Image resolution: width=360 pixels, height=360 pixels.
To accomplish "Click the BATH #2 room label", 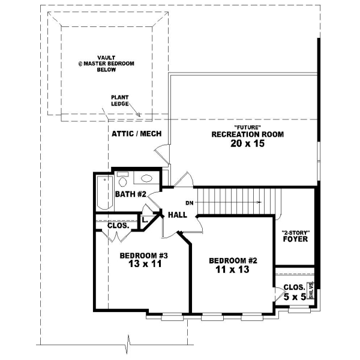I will pyautogui.click(x=130, y=194).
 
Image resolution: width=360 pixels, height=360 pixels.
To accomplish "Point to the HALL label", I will pyautogui.click(x=178, y=215).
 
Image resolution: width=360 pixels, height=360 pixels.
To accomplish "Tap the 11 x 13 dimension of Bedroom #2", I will pyautogui.click(x=232, y=270).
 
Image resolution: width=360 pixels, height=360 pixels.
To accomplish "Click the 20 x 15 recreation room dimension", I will pyautogui.click(x=247, y=144).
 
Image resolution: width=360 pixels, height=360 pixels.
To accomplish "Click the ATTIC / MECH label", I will pyautogui.click(x=136, y=134).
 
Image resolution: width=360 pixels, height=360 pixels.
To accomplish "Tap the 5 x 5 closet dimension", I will pyautogui.click(x=295, y=296).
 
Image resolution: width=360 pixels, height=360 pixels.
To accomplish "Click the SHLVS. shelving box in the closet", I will pyautogui.click(x=311, y=290).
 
